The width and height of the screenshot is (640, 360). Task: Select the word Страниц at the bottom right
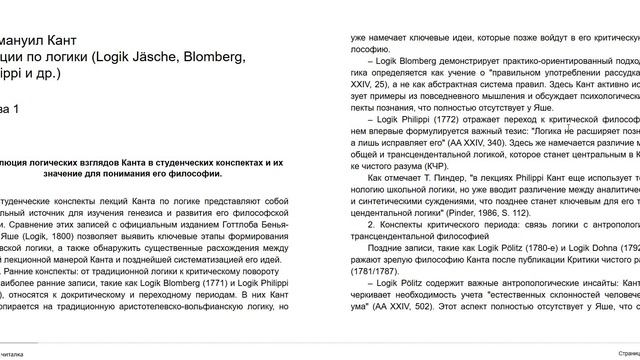[622, 352]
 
